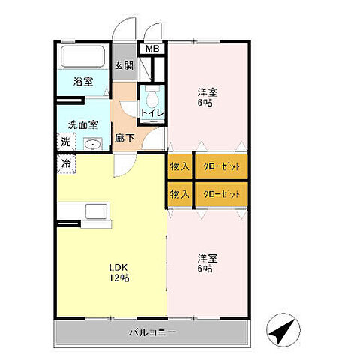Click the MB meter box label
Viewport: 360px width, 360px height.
point(152,49)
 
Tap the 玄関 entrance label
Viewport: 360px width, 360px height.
point(124,65)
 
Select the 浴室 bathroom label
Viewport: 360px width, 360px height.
point(83,82)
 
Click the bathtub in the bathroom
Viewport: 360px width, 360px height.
point(82,56)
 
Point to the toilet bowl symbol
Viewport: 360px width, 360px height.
point(152,98)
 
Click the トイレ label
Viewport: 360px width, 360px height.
point(152,113)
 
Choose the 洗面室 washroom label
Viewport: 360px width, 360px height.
point(82,124)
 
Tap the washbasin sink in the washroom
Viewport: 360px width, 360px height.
point(92,144)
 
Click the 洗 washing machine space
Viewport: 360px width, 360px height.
point(66,142)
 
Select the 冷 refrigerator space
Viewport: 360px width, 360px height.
point(67,164)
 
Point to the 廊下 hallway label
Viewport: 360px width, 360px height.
point(124,138)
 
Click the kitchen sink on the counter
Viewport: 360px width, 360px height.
point(97,211)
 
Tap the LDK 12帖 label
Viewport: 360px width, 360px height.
point(119,272)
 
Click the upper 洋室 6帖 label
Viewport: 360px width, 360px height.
point(208,97)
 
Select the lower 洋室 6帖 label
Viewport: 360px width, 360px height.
point(208,263)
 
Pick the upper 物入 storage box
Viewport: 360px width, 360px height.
point(180,166)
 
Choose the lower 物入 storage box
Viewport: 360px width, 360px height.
point(180,194)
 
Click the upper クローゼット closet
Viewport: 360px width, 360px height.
point(221,166)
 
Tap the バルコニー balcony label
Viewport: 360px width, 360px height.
point(152,332)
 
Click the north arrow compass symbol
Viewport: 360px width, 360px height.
point(283,329)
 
